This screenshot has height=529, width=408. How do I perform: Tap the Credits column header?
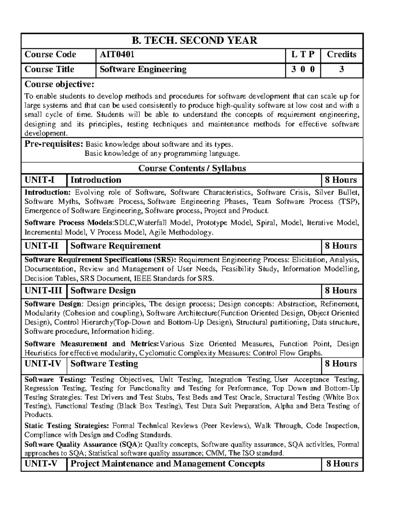[x=341, y=55]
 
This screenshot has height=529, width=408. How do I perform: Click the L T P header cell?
[x=302, y=55]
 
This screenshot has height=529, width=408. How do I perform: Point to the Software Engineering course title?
[x=143, y=69]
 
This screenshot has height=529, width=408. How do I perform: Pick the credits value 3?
[x=341, y=69]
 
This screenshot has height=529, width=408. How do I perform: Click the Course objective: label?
[x=60, y=84]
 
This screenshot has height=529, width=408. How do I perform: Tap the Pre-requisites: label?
[x=54, y=144]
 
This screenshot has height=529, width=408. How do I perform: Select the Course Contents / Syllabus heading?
[x=192, y=168]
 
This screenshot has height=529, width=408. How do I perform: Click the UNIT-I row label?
[x=40, y=180]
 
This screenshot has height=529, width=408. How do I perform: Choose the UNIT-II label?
[x=41, y=246]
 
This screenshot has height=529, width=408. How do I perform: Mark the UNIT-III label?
[x=44, y=291]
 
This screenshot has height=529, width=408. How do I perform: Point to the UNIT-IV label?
[x=43, y=364]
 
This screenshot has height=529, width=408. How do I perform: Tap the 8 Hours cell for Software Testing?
[x=341, y=364]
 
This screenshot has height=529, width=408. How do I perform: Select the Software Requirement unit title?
[x=116, y=246]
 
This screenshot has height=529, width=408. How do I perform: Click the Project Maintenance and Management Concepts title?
[x=167, y=464]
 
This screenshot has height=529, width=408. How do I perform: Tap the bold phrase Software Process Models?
[x=69, y=223]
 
